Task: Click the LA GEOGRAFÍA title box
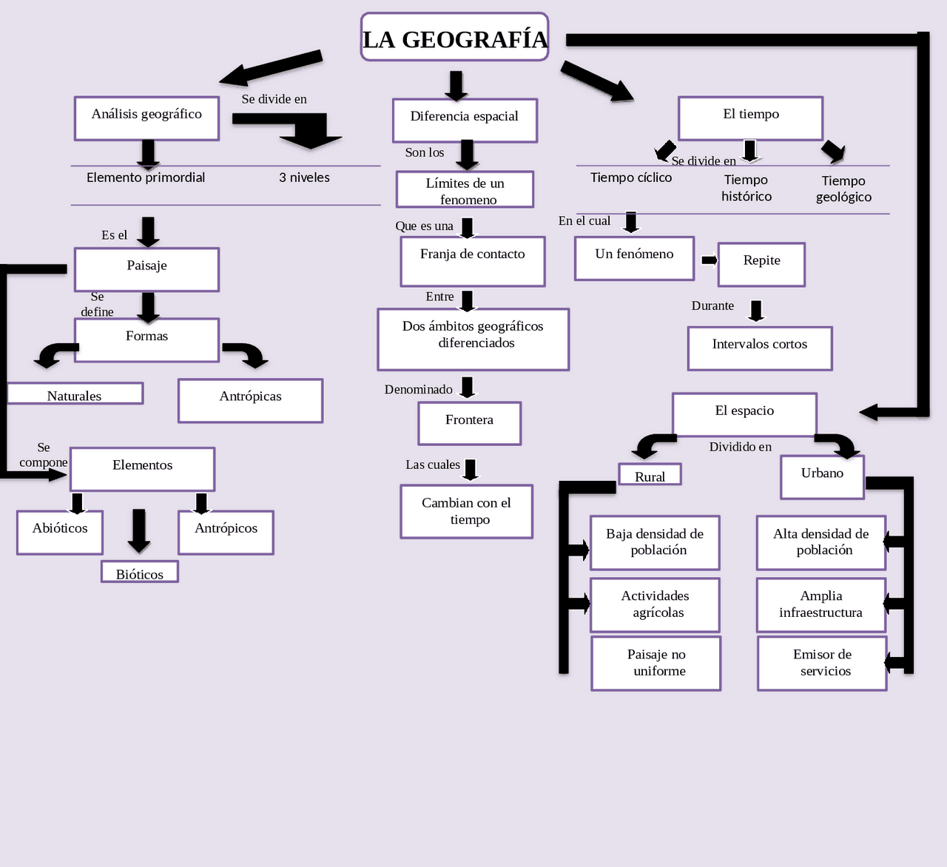tap(454, 37)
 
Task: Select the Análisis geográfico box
tap(146, 118)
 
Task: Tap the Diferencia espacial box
tap(465, 120)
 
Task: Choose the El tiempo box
tap(750, 118)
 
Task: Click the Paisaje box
tap(146, 269)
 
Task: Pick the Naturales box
tap(75, 394)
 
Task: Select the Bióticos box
tap(140, 572)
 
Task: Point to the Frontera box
tap(469, 423)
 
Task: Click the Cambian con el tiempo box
tap(466, 511)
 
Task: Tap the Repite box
tap(761, 264)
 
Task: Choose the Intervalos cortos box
tap(760, 348)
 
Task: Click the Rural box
tap(650, 474)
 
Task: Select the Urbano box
tap(822, 477)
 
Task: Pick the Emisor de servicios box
tap(822, 663)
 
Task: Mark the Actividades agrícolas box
tap(655, 604)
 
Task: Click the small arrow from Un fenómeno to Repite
tap(709, 260)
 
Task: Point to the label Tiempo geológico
tap(843, 189)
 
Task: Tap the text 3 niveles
tap(304, 178)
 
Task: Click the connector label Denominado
tap(418, 390)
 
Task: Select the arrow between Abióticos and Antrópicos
tap(139, 530)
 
